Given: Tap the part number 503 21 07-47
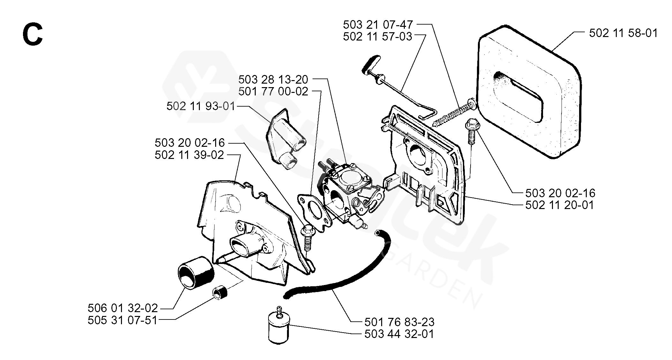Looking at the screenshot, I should coord(378,25).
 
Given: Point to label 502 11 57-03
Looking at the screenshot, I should coord(378,37).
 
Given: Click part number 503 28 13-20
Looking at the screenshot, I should coord(273,79).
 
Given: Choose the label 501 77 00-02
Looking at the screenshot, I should coord(273,92).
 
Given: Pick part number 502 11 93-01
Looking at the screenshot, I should coord(201,106).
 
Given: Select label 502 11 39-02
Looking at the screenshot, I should coord(189,155).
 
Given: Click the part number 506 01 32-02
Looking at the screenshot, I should coord(123,308).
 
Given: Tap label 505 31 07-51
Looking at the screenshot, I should coord(123,320).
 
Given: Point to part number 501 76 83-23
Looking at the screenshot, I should coord(399,322).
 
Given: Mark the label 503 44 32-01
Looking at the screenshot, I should coord(399,334).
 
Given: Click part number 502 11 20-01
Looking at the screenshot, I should coord(560,205).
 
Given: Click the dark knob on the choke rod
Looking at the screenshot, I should coord(370,64).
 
